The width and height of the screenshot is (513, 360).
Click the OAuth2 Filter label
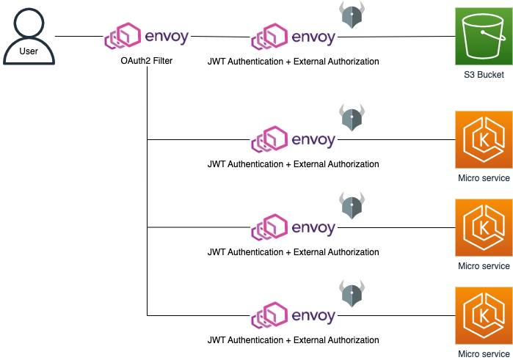click(146, 61)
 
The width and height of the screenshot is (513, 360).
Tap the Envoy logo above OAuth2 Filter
click(146, 37)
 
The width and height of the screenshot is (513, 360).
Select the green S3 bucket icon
click(479, 36)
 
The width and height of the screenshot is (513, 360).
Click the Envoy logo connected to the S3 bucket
click(293, 37)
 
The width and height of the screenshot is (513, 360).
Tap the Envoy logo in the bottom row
click(293, 315)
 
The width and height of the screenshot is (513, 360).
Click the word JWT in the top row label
click(218, 62)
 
